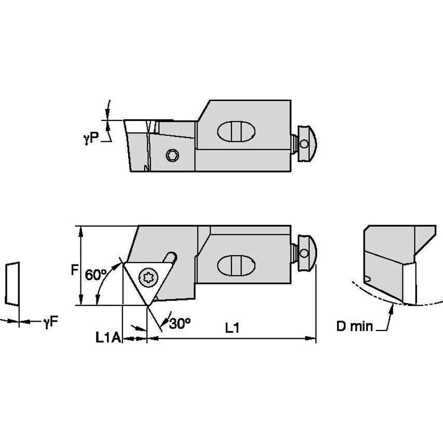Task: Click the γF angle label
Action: pos(50,322)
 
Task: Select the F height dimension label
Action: pos(75,270)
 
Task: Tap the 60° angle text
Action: pos(95,275)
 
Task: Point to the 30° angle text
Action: pos(180,324)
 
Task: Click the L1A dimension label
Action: pos(107,338)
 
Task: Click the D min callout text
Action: pos(354,326)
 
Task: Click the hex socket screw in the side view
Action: pos(173,155)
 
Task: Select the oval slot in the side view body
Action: pos(235,131)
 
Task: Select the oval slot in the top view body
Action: pos(235,265)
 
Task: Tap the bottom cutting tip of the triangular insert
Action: pos(147,306)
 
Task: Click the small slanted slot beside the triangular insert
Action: pos(169,258)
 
